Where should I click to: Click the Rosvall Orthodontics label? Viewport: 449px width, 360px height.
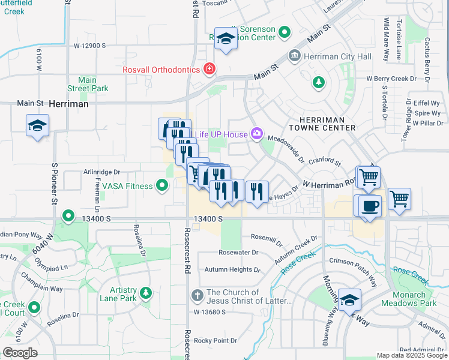tap(161, 70)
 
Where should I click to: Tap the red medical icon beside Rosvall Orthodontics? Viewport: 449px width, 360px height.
tap(209, 70)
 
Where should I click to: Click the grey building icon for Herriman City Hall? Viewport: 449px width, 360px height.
tap(295, 56)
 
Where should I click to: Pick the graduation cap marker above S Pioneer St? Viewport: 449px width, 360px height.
tap(37, 126)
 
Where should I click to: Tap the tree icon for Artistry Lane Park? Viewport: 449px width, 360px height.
tap(146, 293)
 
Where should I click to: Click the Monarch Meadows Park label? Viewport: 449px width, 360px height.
tap(417, 299)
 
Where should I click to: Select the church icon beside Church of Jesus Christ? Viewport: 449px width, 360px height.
tap(197, 296)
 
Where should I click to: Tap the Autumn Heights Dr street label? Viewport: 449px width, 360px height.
tap(232, 269)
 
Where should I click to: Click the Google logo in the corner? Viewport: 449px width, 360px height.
tap(20, 352)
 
